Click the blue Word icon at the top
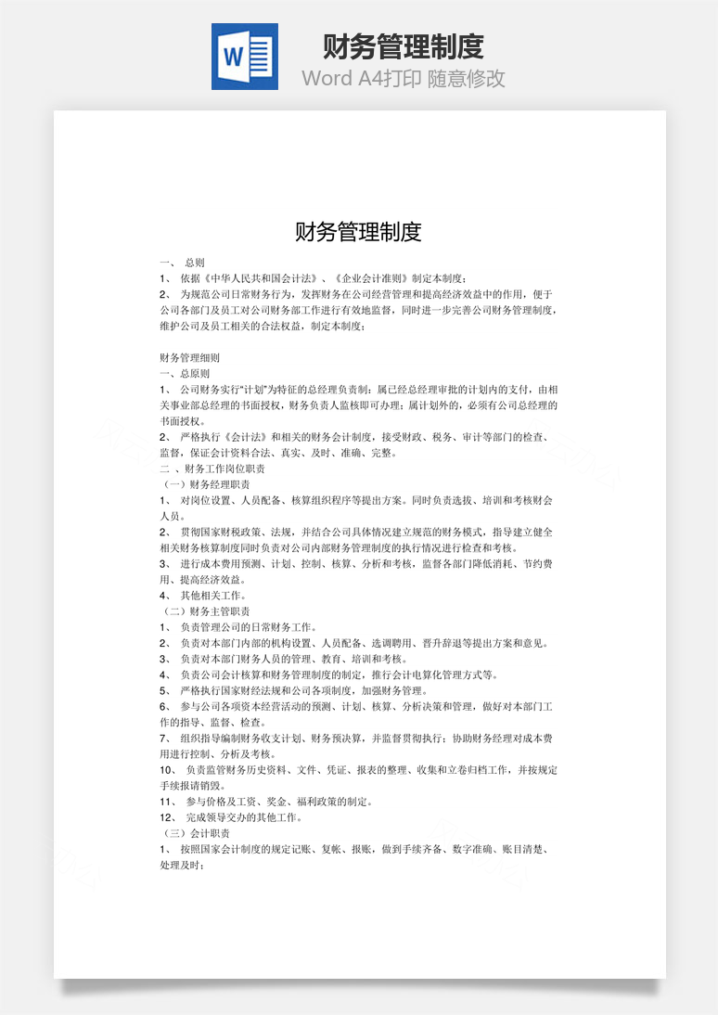tap(244, 58)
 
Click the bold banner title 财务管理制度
tap(404, 45)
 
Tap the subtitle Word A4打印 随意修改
tap(404, 78)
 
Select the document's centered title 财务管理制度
tap(358, 231)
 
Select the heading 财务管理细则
tap(190, 357)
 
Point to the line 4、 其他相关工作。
tap(203, 596)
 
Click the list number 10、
tap(168, 770)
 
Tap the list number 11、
tap(168, 802)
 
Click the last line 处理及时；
tap(182, 865)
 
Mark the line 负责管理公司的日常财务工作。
tap(249, 627)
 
